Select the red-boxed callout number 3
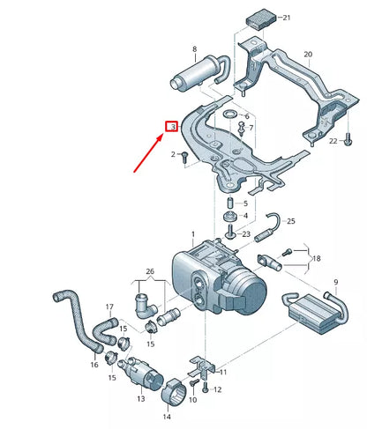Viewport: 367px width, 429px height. click(173, 127)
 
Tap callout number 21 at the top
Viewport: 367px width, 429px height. click(286, 17)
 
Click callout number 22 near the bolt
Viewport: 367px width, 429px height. click(333, 141)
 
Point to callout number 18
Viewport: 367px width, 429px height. click(317, 258)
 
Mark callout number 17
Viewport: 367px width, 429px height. click(110, 307)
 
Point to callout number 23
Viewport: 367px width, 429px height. click(246, 233)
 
